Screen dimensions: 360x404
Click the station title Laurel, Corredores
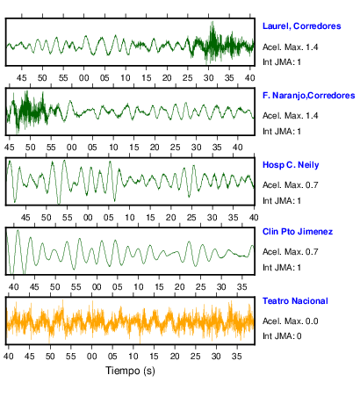(301, 26)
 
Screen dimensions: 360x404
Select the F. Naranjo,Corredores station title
(308, 96)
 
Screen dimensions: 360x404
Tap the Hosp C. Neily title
(291, 165)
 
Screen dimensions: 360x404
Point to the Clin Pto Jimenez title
(298, 232)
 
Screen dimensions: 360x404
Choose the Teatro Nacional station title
(295, 301)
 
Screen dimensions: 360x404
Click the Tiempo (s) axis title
(130, 371)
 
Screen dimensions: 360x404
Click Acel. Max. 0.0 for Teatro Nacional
(290, 321)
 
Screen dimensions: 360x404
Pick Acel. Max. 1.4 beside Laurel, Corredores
(290, 47)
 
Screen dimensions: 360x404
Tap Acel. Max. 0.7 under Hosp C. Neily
(290, 185)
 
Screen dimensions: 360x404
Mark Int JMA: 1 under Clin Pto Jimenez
(282, 268)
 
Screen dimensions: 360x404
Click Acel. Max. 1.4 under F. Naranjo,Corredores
(290, 116)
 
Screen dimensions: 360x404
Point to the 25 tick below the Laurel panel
(188, 78)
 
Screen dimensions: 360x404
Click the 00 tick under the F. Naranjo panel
(72, 147)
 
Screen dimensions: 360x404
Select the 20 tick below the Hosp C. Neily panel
(170, 218)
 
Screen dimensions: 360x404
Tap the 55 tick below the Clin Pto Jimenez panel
(76, 287)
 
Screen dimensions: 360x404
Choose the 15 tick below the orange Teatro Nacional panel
(154, 357)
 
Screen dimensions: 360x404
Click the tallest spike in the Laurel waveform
(212, 22)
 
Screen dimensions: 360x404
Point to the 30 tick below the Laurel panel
(209, 78)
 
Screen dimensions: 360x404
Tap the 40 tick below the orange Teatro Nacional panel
(9, 357)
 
